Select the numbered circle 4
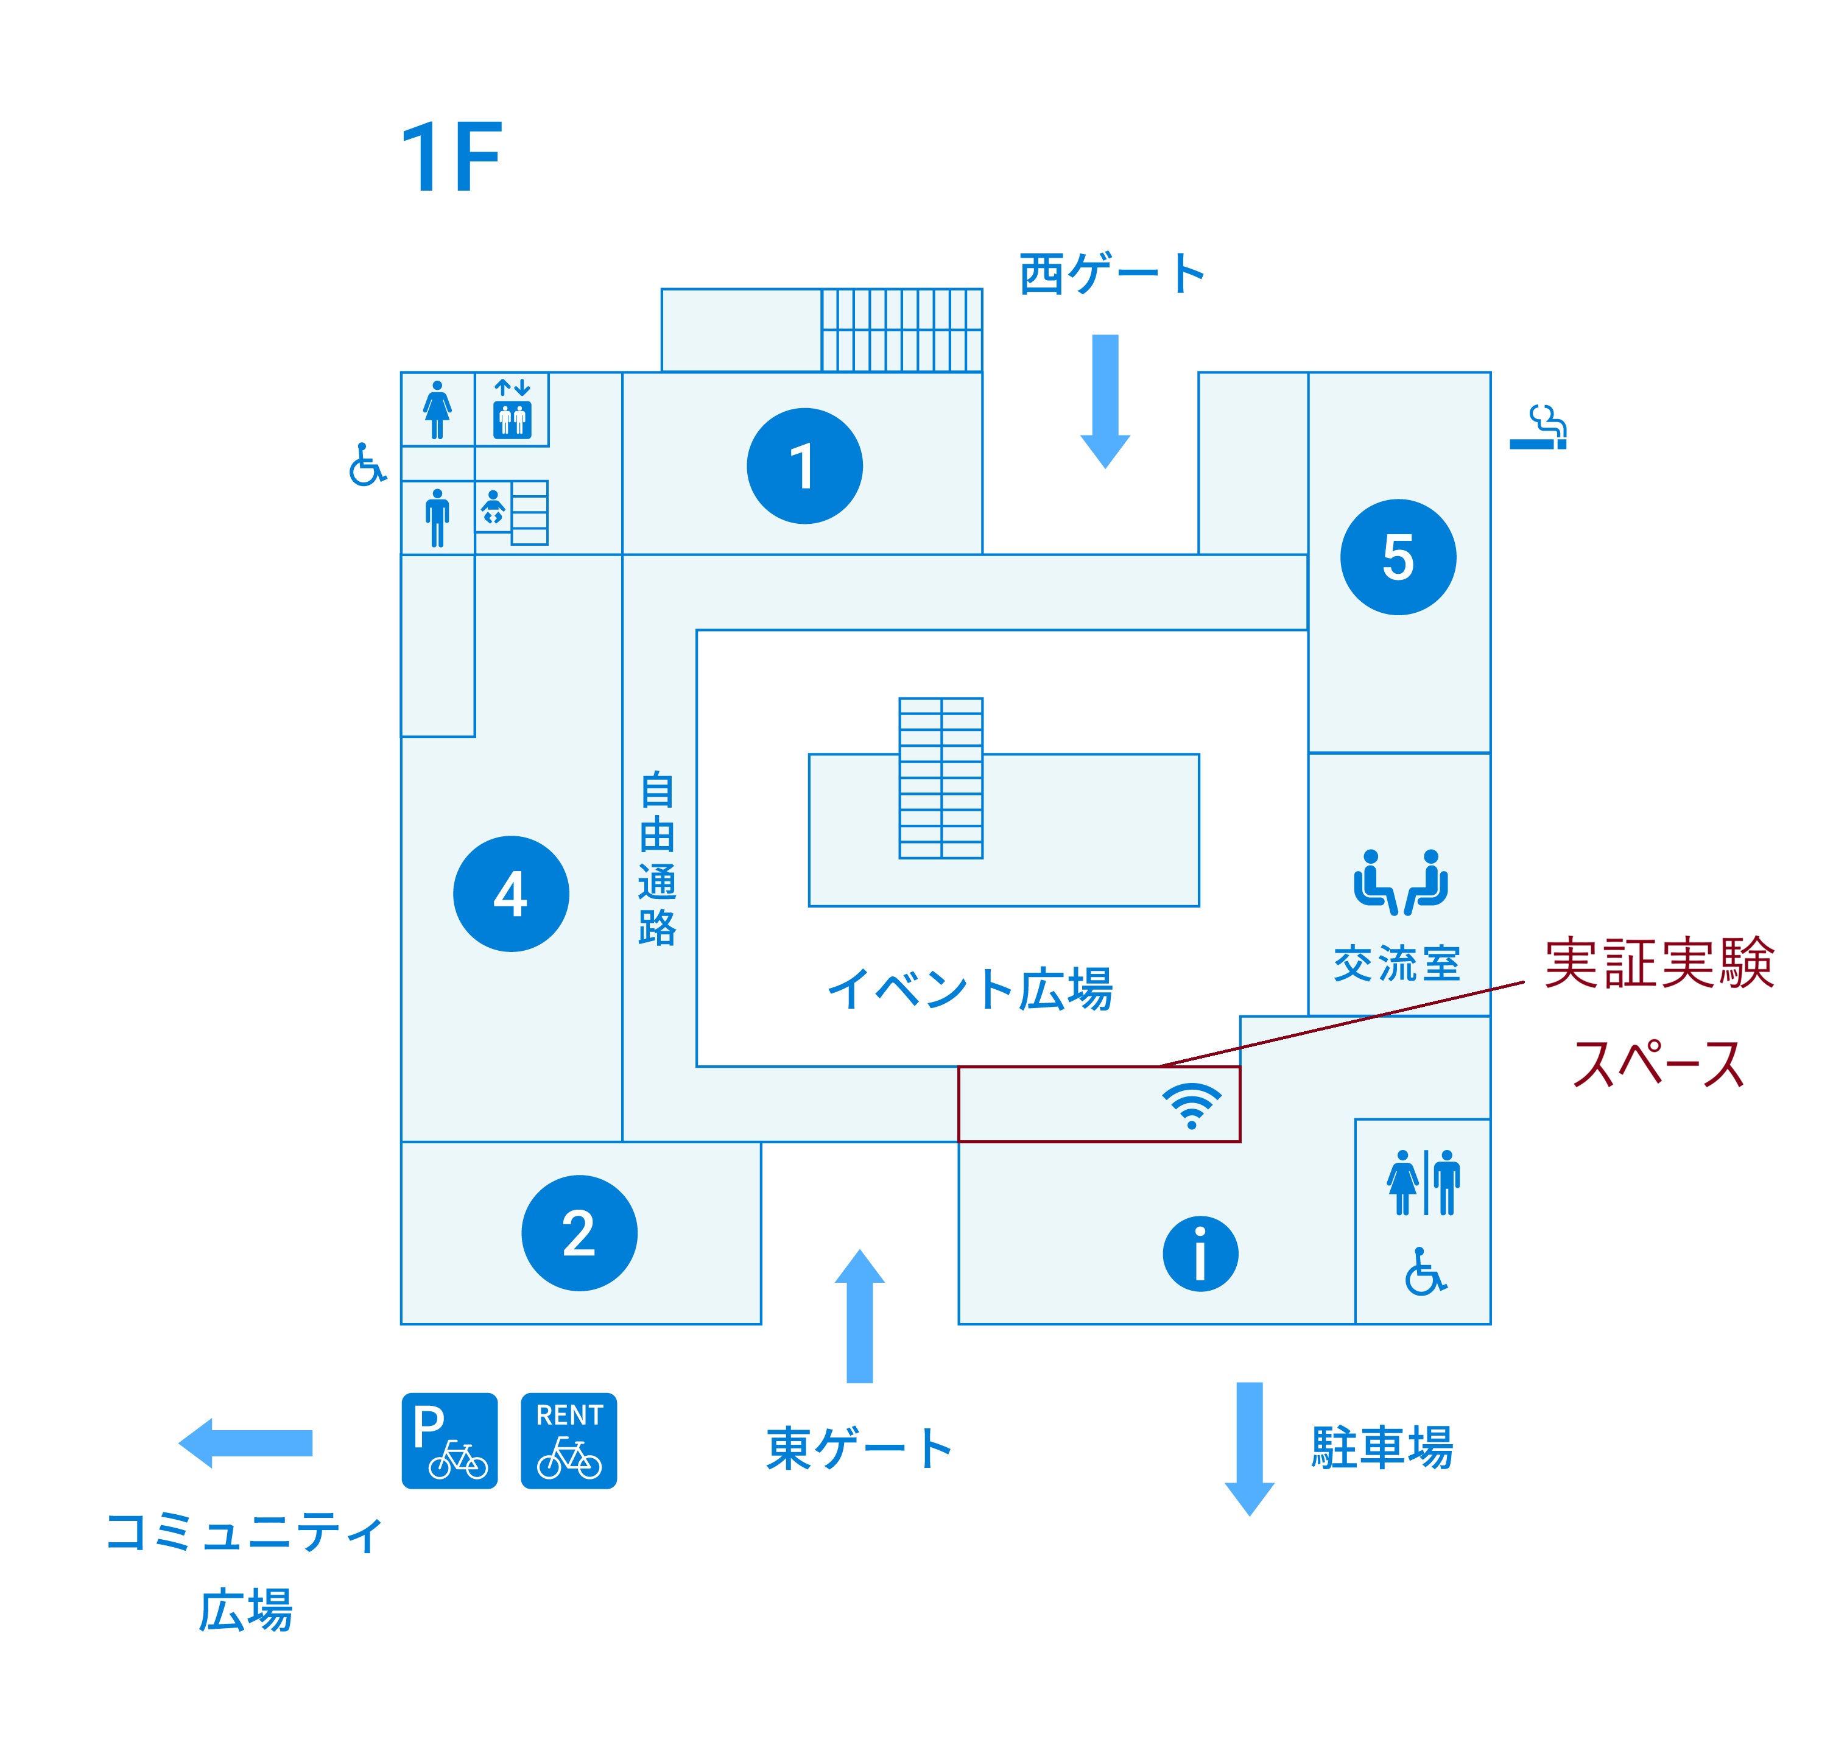click(x=511, y=894)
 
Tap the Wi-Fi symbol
click(x=1191, y=1106)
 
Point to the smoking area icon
click(x=1539, y=428)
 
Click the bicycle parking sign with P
click(x=449, y=1440)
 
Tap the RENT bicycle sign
click(x=568, y=1440)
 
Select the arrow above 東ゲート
click(x=859, y=1316)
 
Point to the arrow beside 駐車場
click(x=1249, y=1447)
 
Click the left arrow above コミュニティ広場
click(x=245, y=1443)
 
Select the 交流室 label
click(x=1397, y=964)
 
